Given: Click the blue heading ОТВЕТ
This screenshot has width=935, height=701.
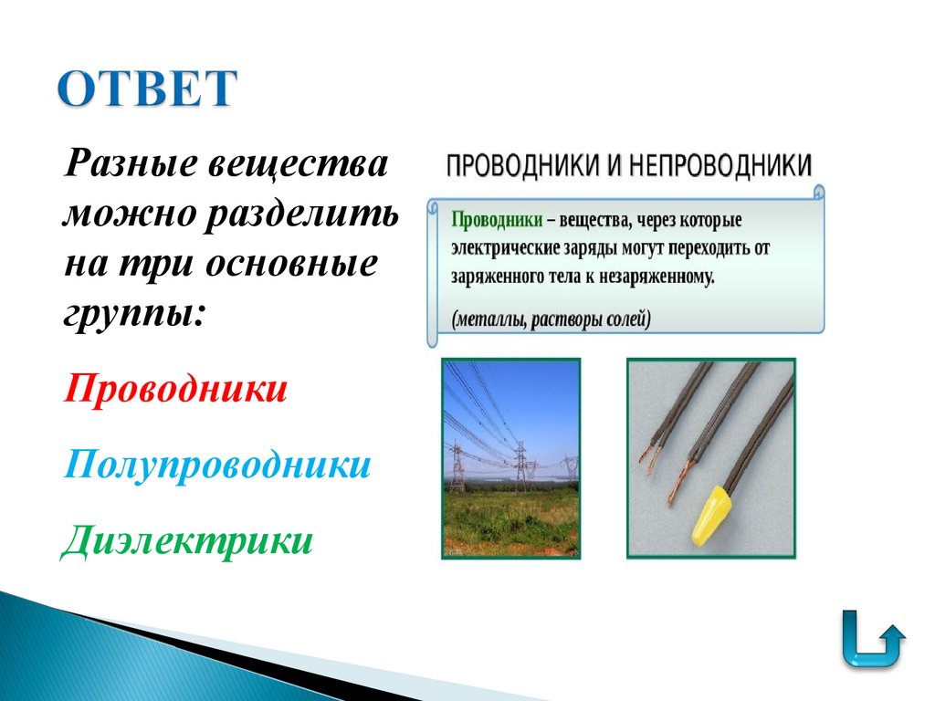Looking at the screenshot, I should (147, 89).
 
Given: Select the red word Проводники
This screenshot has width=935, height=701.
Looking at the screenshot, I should (176, 390).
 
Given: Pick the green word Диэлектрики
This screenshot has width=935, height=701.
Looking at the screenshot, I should (188, 539).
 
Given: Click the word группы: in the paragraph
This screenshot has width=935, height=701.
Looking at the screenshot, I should (134, 313).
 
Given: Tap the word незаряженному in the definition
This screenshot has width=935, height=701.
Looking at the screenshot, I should (655, 275).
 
